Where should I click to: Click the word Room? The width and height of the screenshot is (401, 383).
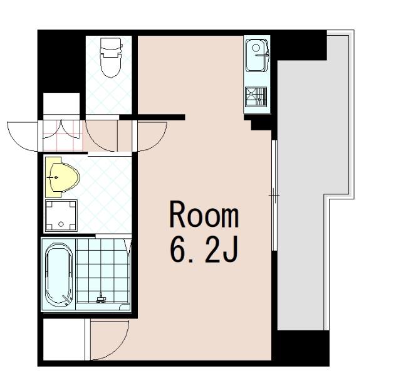[204, 214]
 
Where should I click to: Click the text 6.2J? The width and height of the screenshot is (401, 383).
[204, 249]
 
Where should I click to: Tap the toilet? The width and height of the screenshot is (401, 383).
[111, 58]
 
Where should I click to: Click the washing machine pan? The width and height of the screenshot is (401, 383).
[61, 216]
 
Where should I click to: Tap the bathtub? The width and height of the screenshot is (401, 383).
[58, 275]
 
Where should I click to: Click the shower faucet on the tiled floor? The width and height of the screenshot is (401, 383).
[100, 299]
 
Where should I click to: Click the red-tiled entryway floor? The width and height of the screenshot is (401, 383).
[63, 135]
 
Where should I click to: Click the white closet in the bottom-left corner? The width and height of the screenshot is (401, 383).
[64, 339]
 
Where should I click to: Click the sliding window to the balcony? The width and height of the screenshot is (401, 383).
[274, 195]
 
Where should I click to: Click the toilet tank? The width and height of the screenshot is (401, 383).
[111, 45]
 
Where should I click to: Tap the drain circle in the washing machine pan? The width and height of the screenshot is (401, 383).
[61, 224]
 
